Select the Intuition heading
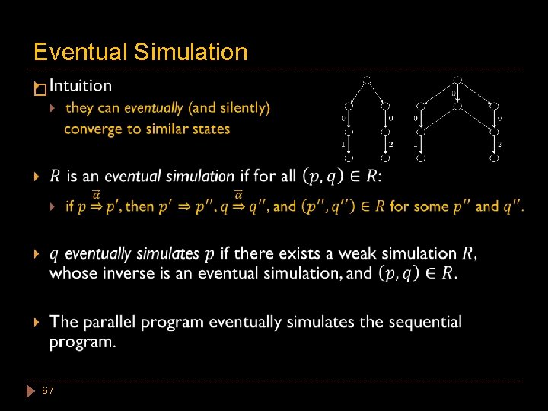(x=80, y=87)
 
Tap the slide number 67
(x=48, y=390)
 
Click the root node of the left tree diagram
(x=367, y=79)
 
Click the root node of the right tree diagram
(x=457, y=79)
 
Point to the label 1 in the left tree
(x=343, y=144)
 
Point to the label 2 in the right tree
(x=499, y=144)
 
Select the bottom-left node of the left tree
(x=348, y=158)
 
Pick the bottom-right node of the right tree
(x=495, y=158)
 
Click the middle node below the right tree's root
(x=457, y=107)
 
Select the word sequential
(x=425, y=322)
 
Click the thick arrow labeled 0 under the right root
(x=457, y=94)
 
